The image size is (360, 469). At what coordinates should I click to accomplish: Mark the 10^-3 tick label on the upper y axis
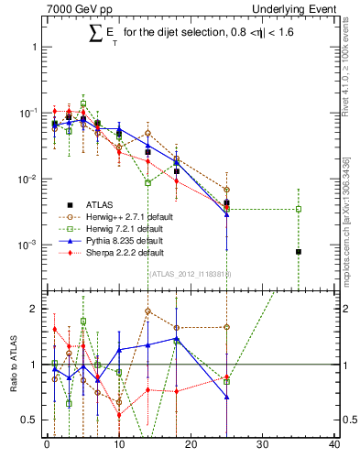click(27, 245)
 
